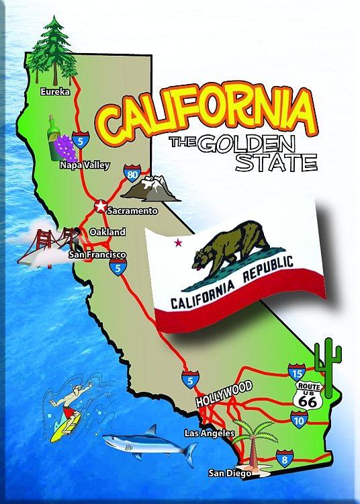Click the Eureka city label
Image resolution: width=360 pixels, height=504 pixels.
tap(55, 92)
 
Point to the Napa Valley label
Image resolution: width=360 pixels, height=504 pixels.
tap(85, 164)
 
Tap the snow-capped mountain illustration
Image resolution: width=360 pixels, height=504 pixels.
tap(154, 189)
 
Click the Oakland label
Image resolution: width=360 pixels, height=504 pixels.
tap(107, 232)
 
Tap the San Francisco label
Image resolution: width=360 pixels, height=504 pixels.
tap(98, 255)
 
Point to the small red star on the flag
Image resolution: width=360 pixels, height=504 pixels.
tap(178, 242)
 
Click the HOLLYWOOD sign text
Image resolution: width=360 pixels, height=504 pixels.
tap(224, 394)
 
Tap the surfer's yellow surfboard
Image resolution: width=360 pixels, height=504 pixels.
tap(66, 425)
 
